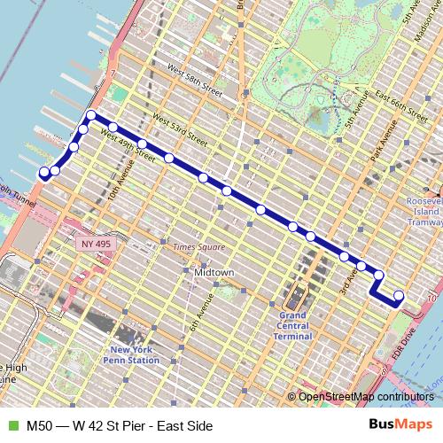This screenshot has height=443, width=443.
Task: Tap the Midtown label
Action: click(214, 273)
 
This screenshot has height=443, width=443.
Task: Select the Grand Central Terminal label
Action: click(293, 325)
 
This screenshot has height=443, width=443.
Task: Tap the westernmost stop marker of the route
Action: click(43, 173)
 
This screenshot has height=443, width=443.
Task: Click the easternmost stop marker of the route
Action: click(399, 295)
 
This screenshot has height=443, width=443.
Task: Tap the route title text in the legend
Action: click(120, 426)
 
